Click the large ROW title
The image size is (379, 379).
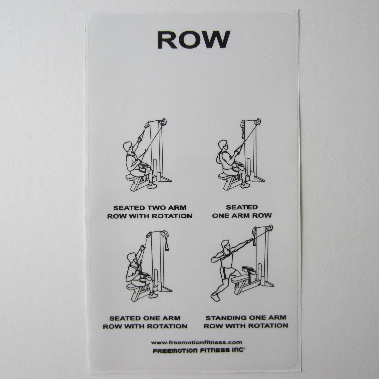pos(194,39)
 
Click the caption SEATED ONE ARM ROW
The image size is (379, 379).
pos(242,211)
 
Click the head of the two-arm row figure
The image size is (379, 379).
pos(128,147)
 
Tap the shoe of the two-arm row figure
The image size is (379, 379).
pos(152,186)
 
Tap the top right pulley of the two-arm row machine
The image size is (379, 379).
pos(163,122)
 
